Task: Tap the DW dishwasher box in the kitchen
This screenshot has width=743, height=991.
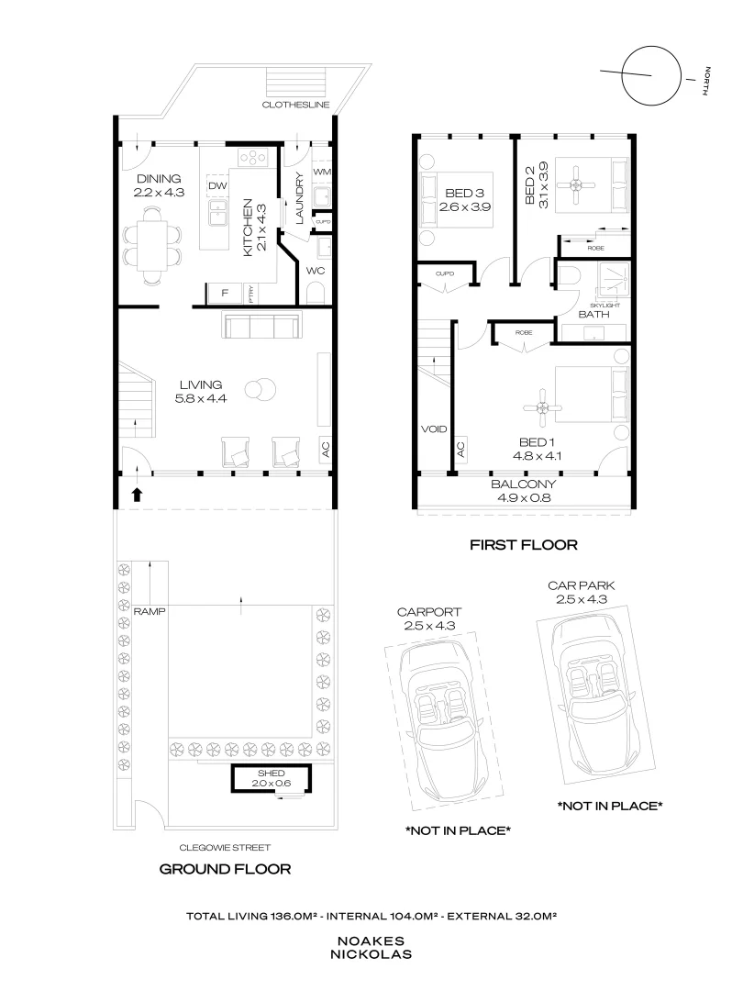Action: coord(216,186)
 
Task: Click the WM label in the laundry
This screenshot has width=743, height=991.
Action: coord(321,172)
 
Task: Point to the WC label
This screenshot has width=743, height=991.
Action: coord(315,272)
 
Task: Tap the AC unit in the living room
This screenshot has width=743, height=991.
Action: coord(325,449)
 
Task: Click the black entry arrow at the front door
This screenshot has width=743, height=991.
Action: coord(138,495)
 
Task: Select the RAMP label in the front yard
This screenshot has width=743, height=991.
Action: coord(147,610)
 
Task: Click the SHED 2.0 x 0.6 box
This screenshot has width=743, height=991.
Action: coord(270,778)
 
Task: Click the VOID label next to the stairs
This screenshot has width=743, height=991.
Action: coord(433,429)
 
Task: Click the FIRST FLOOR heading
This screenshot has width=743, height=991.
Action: coord(523,545)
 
